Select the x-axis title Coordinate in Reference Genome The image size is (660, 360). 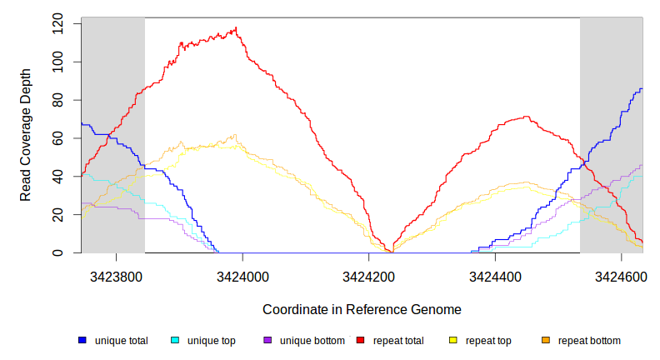click(362, 309)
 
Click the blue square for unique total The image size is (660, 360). click(82, 340)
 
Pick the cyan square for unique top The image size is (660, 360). click(175, 340)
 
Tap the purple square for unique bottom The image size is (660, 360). click(267, 340)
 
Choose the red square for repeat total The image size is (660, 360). click(360, 340)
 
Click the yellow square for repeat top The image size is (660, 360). click(453, 340)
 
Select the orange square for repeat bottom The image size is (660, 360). click(546, 340)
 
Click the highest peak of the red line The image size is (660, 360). click(237, 27)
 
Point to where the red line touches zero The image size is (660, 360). click(392, 252)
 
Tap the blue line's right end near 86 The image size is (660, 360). click(642, 88)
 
